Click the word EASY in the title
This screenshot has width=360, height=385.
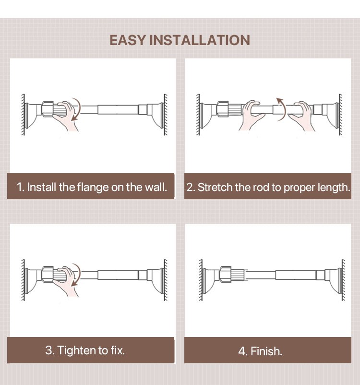point(128,40)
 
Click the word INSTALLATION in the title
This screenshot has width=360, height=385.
point(200,40)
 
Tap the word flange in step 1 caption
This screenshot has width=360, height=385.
point(93,188)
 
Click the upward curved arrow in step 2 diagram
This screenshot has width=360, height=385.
point(282,109)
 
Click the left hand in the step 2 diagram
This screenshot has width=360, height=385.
point(252,115)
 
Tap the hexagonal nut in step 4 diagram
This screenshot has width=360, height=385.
point(225,274)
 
